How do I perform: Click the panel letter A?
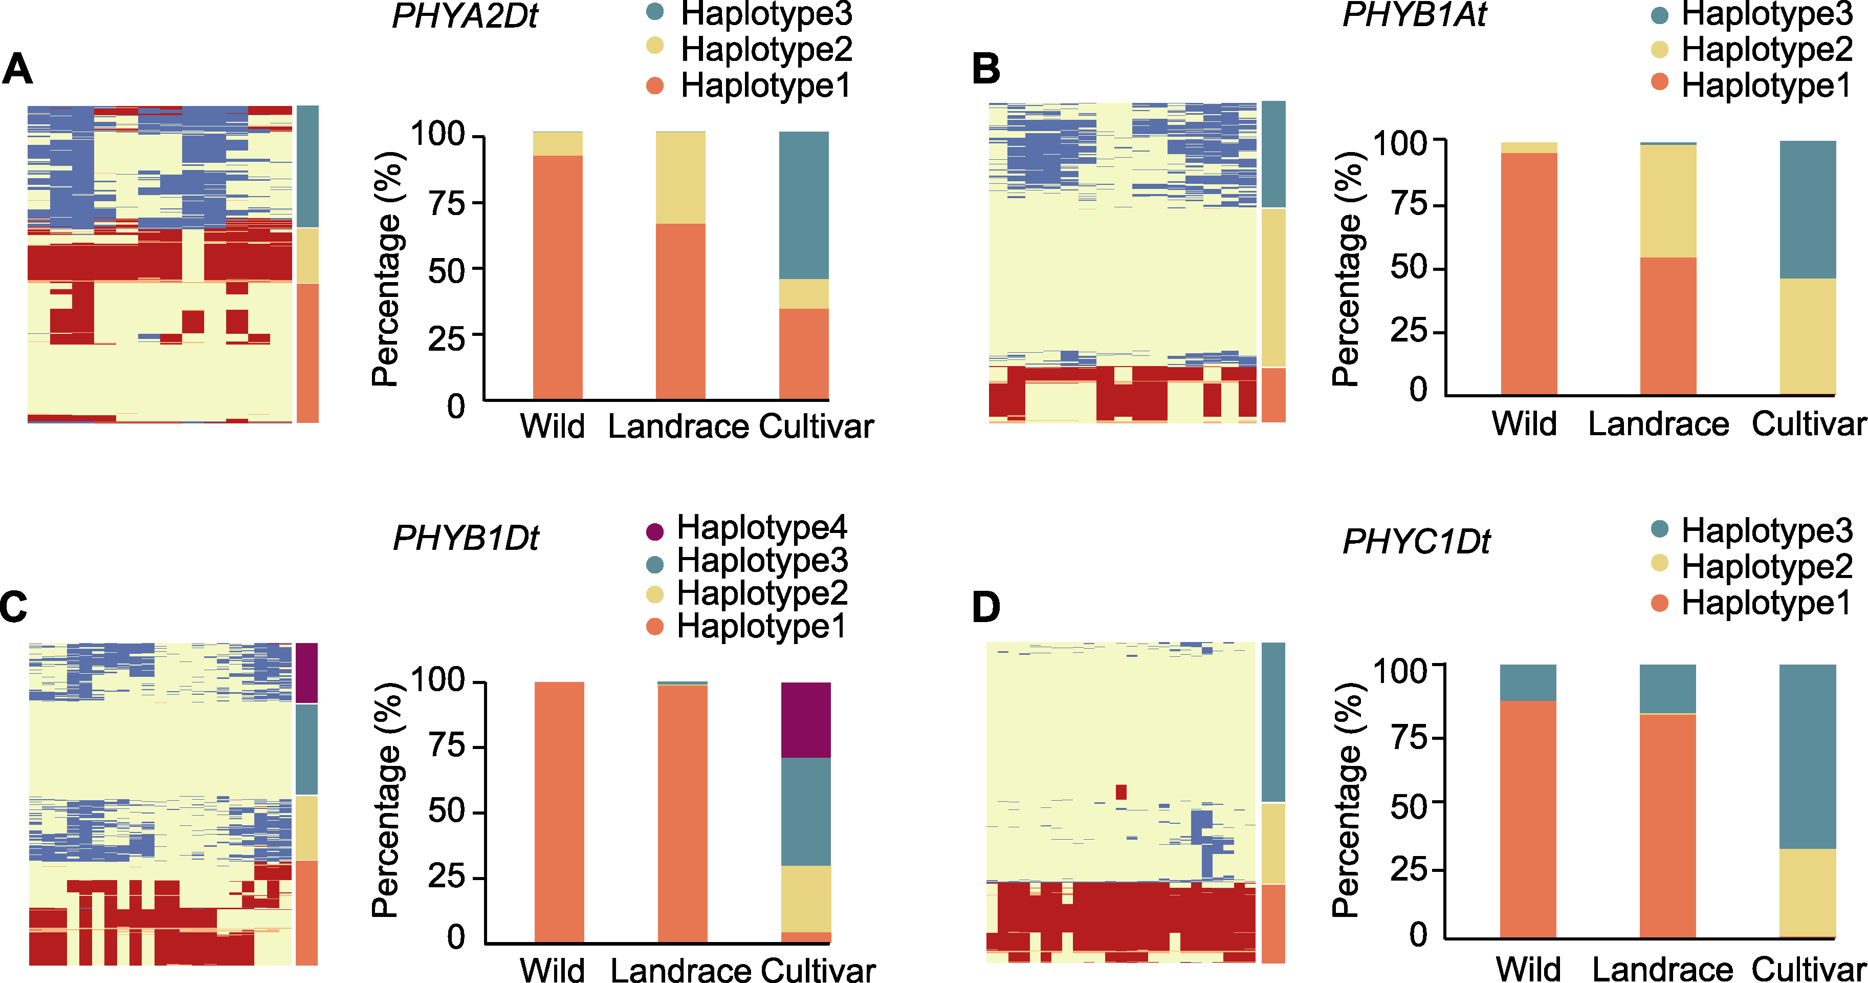[17, 70]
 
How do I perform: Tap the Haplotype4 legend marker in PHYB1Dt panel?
[655, 531]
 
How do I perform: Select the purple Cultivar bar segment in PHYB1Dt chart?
[806, 720]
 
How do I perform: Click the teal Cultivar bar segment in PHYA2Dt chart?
[803, 205]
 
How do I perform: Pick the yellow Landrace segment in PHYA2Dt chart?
[680, 178]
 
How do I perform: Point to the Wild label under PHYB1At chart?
[1524, 424]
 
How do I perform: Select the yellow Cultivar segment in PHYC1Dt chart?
[1807, 892]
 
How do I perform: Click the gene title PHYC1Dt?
[1416, 541]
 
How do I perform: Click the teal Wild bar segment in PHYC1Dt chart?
[1528, 682]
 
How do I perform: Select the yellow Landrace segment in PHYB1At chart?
[1668, 201]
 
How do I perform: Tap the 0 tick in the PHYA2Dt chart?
[455, 407]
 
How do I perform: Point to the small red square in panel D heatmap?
[1121, 792]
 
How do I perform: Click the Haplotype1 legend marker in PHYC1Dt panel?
[1659, 602]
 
